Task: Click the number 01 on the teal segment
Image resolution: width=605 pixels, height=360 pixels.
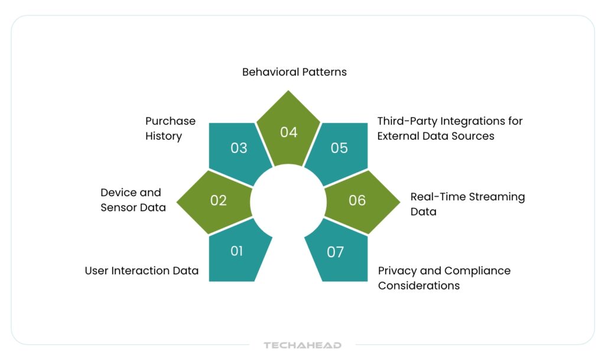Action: pyautogui.click(x=236, y=251)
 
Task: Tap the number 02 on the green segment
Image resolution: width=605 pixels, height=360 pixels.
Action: pyautogui.click(x=219, y=200)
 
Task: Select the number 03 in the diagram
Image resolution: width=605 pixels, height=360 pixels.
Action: pyautogui.click(x=239, y=147)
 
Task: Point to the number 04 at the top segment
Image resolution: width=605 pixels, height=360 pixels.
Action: pyautogui.click(x=288, y=132)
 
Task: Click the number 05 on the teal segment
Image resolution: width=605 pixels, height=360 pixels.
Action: pyautogui.click(x=339, y=147)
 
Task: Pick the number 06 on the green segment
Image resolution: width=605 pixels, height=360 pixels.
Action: pyautogui.click(x=357, y=200)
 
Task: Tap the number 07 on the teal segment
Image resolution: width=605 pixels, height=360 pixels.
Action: pyautogui.click(x=335, y=252)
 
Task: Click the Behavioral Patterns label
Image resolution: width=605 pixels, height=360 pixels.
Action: pyautogui.click(x=294, y=72)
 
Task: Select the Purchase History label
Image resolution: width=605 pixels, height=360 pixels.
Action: pyautogui.click(x=170, y=128)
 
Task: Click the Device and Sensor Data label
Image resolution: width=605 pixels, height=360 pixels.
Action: pyautogui.click(x=133, y=200)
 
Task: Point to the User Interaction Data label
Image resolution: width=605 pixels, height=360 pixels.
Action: pyautogui.click(x=141, y=271)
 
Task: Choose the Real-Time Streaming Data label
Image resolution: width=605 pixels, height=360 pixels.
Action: pyautogui.click(x=467, y=204)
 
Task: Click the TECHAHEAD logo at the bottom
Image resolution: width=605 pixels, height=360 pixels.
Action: pyautogui.click(x=302, y=345)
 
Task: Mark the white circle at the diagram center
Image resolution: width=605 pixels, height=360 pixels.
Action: pyautogui.click(x=288, y=201)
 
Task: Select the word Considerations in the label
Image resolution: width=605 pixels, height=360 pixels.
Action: pyautogui.click(x=419, y=286)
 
